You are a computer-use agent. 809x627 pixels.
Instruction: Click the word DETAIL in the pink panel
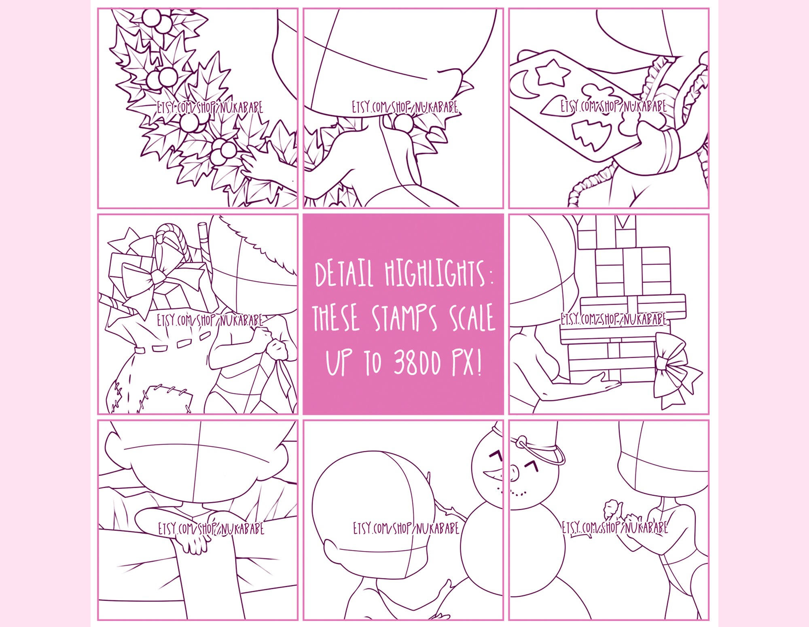click(x=343, y=274)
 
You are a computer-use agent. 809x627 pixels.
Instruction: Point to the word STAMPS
click(x=404, y=318)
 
